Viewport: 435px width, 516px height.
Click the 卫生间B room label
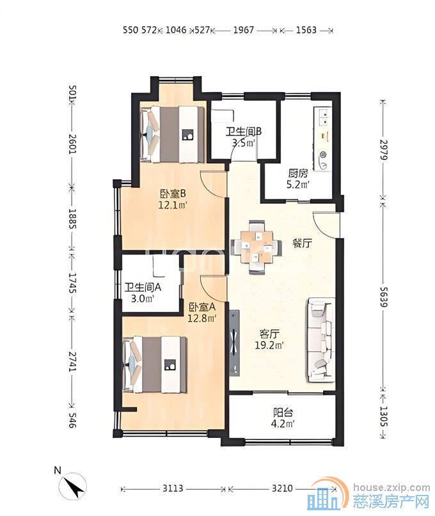tap(243, 132)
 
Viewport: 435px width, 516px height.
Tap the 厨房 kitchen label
tap(297, 173)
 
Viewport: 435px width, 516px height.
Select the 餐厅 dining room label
tap(303, 244)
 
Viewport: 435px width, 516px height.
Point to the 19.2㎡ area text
tap(269, 345)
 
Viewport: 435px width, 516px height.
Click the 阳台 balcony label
tap(283, 412)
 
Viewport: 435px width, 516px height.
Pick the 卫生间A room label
tap(142, 288)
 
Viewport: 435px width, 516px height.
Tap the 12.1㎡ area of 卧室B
tap(173, 205)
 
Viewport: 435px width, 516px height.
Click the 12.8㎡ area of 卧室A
tap(202, 318)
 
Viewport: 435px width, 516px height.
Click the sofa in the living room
tap(321, 340)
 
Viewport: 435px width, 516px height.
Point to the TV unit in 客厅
tap(235, 342)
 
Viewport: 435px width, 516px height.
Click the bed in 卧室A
tap(154, 364)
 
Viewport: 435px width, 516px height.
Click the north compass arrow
tap(75, 486)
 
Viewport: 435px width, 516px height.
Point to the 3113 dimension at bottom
tap(173, 489)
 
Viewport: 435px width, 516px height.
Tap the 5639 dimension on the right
tap(384, 297)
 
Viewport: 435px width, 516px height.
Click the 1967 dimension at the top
tap(244, 30)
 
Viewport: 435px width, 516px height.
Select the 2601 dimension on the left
tap(72, 145)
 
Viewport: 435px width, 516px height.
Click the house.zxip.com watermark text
tap(391, 488)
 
